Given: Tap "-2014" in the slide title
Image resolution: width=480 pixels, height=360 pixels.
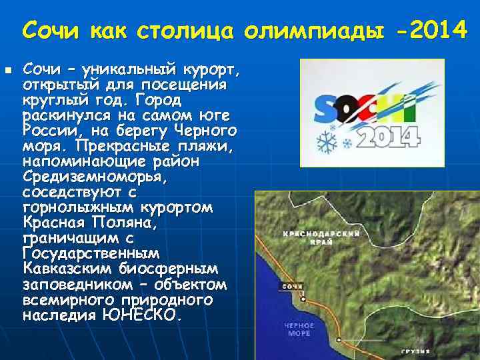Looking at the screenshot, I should pyautogui.click(x=427, y=29).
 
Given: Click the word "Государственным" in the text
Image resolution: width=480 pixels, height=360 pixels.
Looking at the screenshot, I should pyautogui.click(x=91, y=254).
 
